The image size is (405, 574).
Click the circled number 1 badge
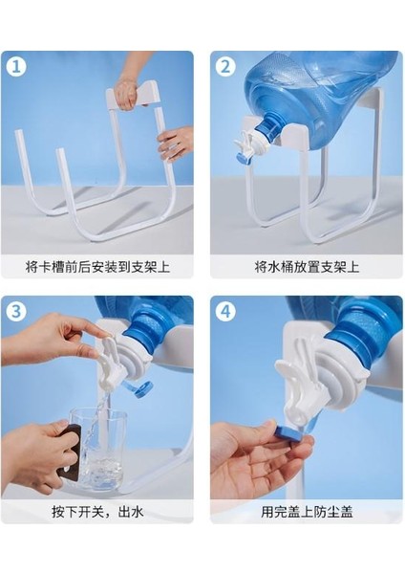click(16, 67)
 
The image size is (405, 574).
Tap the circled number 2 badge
click(225, 67)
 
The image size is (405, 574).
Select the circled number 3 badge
click(16, 312)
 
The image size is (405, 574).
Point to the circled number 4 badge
click(225, 312)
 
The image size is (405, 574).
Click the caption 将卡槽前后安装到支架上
click(97, 267)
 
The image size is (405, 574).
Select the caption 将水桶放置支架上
click(307, 267)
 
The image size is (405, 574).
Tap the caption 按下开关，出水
click(97, 511)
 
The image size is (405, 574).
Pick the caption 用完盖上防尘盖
click(307, 511)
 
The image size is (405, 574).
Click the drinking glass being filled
click(97, 451)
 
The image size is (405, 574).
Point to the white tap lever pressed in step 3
click(108, 361)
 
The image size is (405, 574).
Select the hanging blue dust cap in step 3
click(140, 389)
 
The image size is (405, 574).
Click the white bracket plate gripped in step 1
click(134, 95)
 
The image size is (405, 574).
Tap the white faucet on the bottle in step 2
click(249, 146)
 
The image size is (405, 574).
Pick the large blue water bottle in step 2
click(318, 99)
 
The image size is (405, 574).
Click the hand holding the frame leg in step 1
click(177, 143)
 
